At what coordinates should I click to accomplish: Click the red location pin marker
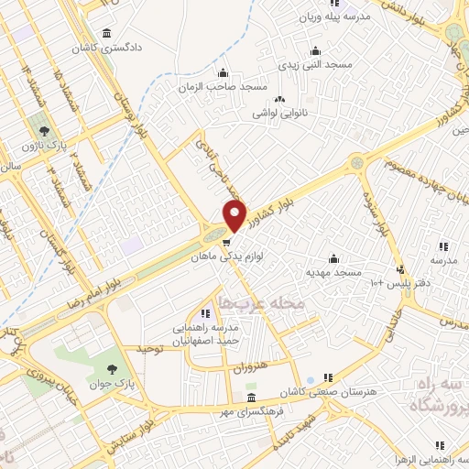pyautogui.click(x=235, y=217)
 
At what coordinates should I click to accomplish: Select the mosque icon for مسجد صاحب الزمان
pyautogui.click(x=223, y=73)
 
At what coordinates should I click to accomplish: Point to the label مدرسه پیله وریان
pyautogui.click(x=334, y=16)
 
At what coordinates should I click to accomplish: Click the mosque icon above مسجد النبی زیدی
pyautogui.click(x=316, y=50)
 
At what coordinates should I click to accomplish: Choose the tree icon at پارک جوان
pyautogui.click(x=112, y=369)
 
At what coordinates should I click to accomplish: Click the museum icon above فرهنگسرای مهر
pyautogui.click(x=252, y=398)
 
